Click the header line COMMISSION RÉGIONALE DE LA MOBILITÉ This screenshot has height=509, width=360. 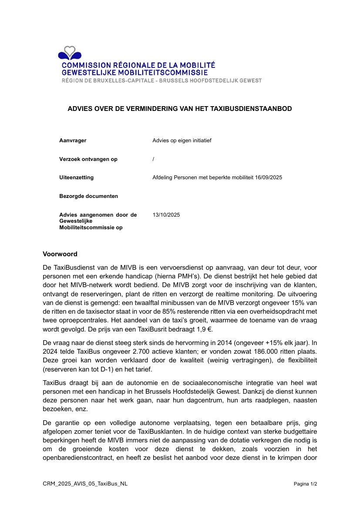click(138, 66)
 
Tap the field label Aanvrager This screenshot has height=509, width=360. click(73, 141)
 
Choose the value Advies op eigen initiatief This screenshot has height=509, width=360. click(182, 141)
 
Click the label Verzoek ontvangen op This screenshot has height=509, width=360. click(88, 159)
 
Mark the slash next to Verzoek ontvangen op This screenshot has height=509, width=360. click(154, 159)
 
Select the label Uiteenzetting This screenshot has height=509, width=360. click(76, 177)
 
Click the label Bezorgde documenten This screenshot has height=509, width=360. click(88, 196)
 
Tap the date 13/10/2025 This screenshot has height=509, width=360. click(166, 215)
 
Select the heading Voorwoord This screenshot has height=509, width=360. click(60, 254)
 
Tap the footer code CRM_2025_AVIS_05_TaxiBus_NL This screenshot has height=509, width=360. click(85, 484)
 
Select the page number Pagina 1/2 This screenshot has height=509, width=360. click(305, 484)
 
